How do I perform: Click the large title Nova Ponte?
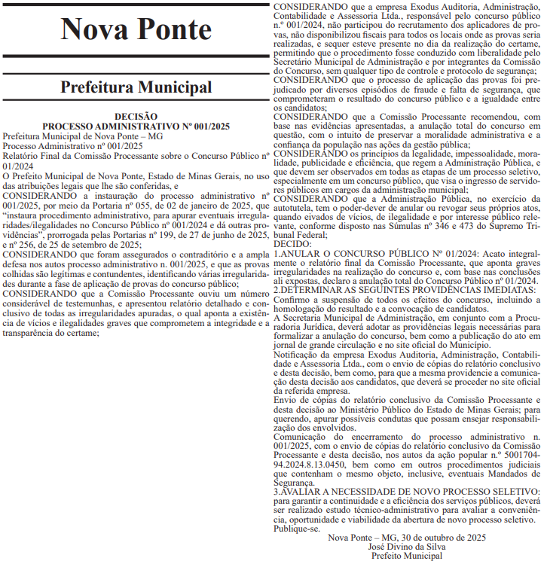coord(136,29)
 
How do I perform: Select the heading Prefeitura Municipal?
coord(136,87)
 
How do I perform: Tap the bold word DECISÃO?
coord(136,117)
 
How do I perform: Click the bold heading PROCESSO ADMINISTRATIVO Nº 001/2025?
coord(136,126)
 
